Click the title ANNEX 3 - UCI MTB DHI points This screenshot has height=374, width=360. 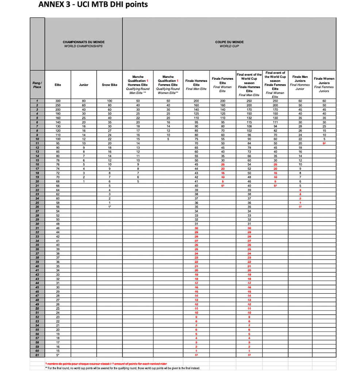[93, 5]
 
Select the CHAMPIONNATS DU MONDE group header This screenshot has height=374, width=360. [83, 44]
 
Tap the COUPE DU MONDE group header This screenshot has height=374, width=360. [229, 44]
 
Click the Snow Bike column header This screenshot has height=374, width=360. [110, 85]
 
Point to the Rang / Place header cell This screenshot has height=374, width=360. [37, 85]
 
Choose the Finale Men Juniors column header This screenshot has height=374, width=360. [300, 83]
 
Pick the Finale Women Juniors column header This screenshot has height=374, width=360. [324, 85]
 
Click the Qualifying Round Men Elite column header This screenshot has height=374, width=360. [138, 85]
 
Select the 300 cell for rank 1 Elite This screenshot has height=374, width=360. [58, 100]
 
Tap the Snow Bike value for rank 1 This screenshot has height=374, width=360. [110, 100]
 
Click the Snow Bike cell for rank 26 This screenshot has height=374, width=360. [110, 207]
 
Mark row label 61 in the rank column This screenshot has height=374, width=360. [37, 355]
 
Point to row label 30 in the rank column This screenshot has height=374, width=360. [37, 224]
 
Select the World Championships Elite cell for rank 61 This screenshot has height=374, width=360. [58, 355]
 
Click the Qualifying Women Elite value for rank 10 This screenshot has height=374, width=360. [168, 139]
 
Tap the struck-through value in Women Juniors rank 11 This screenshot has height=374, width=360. [324, 143]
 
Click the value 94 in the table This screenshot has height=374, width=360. [275, 126]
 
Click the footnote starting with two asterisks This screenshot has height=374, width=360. [122, 368]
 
